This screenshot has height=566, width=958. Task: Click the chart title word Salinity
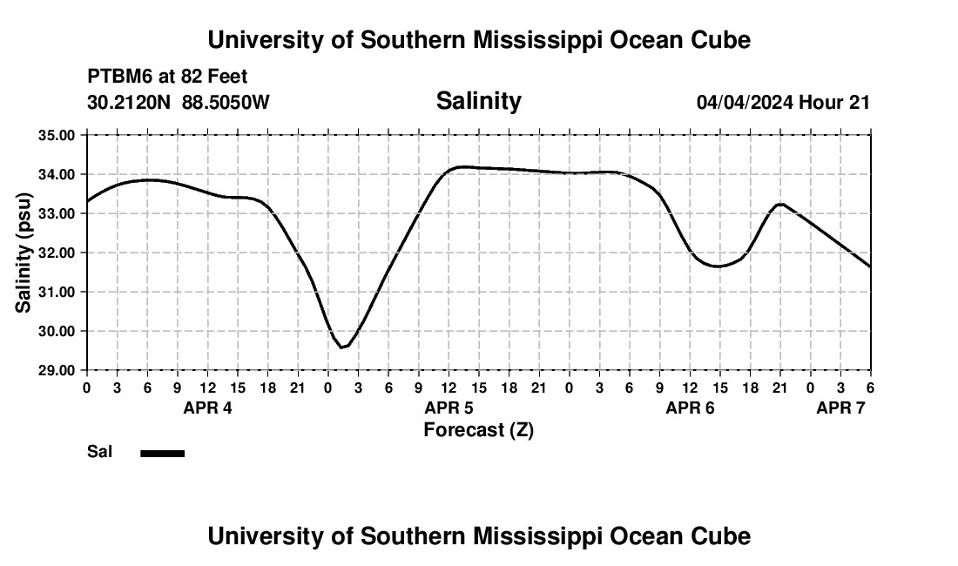[478, 101]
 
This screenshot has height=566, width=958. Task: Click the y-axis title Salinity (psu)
[24, 253]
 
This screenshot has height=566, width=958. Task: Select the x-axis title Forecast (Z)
[478, 429]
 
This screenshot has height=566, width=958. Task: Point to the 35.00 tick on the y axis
[57, 135]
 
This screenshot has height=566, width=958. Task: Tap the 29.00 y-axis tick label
[57, 370]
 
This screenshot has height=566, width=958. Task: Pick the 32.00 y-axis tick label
[57, 253]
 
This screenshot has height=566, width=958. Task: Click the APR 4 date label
[207, 408]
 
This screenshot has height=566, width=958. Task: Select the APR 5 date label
[449, 408]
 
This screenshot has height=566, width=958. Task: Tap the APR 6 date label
[690, 408]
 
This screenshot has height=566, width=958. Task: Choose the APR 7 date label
[840, 408]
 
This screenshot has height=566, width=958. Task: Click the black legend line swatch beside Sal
[162, 453]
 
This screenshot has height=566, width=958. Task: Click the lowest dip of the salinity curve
[343, 347]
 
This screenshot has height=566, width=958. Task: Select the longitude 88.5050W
[226, 103]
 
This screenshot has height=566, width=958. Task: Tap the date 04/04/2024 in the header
[745, 103]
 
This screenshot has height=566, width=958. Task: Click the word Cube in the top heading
[720, 40]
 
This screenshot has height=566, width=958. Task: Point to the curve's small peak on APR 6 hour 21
[780, 204]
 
